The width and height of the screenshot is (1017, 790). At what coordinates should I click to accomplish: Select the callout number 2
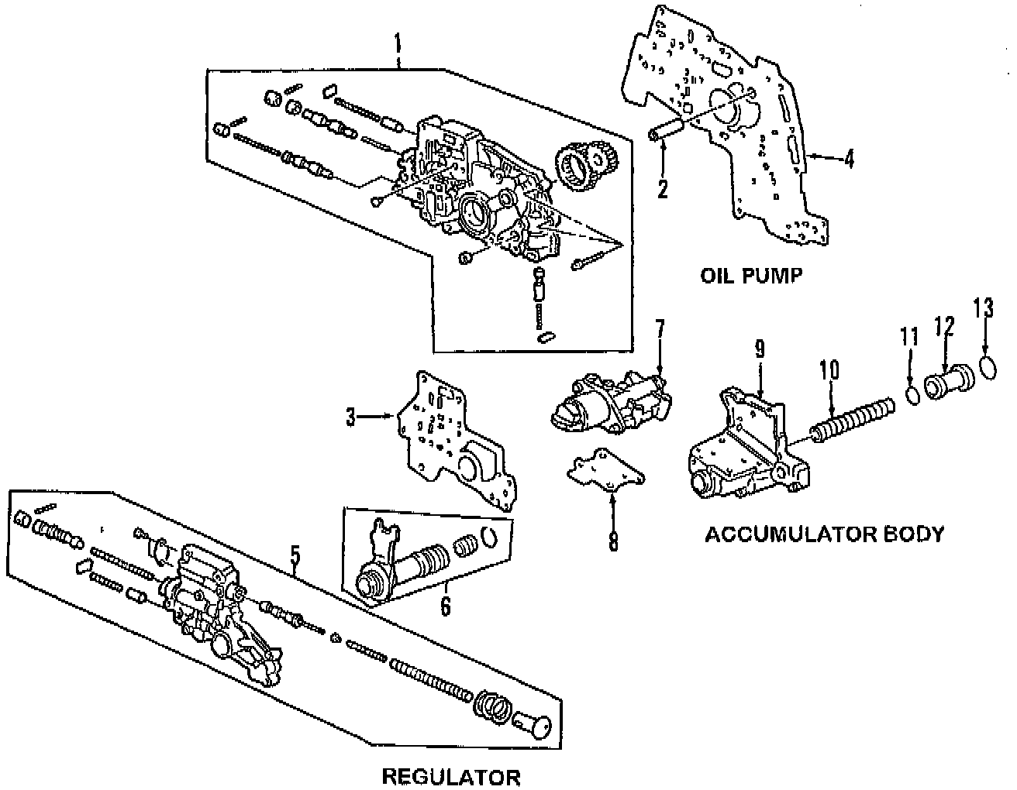pyautogui.click(x=662, y=188)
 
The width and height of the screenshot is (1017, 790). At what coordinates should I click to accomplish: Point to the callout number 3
pyautogui.click(x=351, y=418)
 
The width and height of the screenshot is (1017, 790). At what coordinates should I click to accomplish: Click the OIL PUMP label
pyautogui.click(x=750, y=275)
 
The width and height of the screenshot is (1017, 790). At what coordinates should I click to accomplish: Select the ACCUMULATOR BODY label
pyautogui.click(x=825, y=534)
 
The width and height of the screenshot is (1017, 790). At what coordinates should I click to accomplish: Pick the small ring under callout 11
pyautogui.click(x=914, y=395)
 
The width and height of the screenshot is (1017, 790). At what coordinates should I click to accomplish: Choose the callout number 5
pyautogui.click(x=295, y=555)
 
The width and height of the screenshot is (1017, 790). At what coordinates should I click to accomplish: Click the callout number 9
pyautogui.click(x=760, y=350)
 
